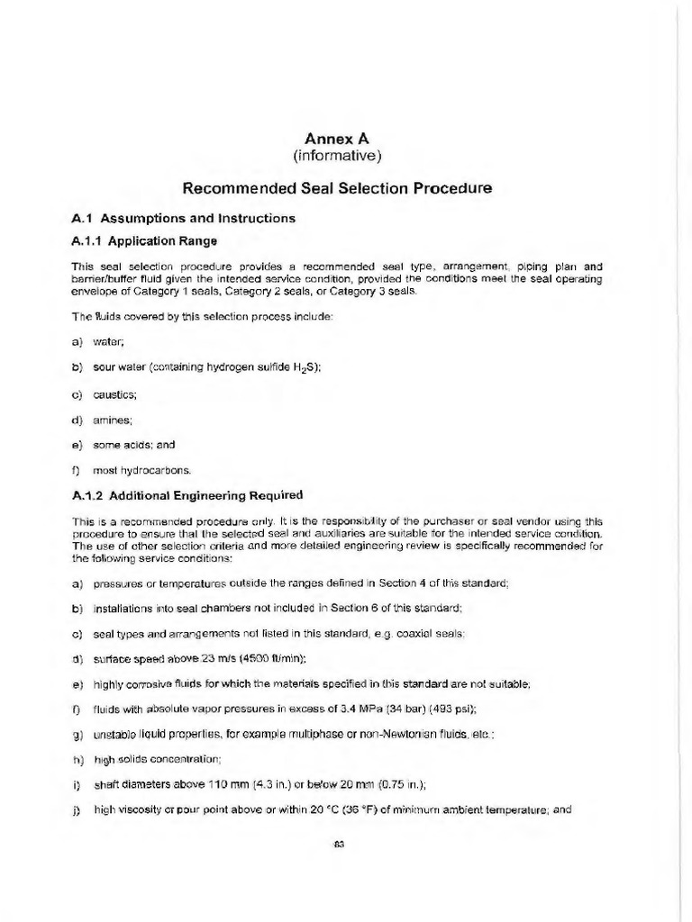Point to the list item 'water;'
pos(113,342)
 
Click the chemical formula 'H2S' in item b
pos(305,367)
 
